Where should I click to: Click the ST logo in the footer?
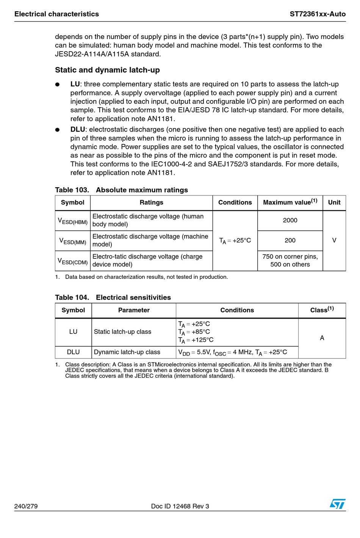click(337, 504)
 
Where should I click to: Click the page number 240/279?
click(26, 506)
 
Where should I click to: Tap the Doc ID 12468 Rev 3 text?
click(180, 506)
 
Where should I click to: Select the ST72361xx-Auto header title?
click(318, 14)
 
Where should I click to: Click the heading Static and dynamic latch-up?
click(107, 70)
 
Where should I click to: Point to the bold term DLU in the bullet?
click(78, 130)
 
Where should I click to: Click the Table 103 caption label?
click(72, 190)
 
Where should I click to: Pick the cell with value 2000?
click(290, 221)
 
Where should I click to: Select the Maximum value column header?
click(290, 202)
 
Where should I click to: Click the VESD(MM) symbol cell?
click(73, 241)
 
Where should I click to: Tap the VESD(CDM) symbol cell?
click(73, 261)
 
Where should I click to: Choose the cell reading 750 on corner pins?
click(290, 257)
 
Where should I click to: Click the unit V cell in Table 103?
click(334, 241)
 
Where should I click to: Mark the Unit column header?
click(334, 202)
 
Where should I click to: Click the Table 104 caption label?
click(72, 298)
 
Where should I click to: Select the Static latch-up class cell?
click(122, 332)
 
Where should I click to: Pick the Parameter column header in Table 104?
click(134, 310)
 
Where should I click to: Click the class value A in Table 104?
click(322, 338)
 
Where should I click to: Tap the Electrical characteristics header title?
click(56, 14)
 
